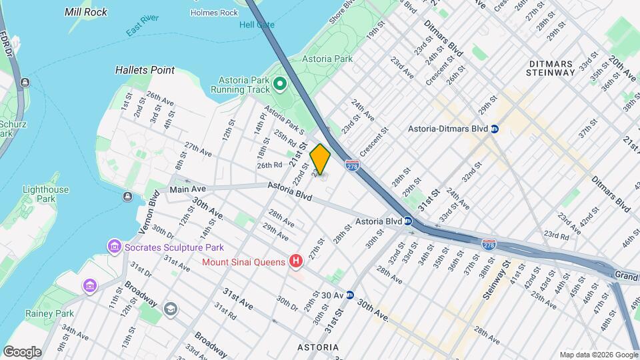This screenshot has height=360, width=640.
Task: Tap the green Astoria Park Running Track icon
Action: pyautogui.click(x=280, y=85)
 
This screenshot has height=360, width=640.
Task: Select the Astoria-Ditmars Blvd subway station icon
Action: pyautogui.click(x=495, y=129)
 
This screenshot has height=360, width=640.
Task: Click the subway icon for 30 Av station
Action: pyautogui.click(x=349, y=295)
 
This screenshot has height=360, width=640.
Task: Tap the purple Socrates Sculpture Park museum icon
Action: pyautogui.click(x=115, y=247)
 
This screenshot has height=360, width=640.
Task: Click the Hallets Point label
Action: pyautogui.click(x=145, y=70)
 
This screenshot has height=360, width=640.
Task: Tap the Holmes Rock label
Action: pyautogui.click(x=214, y=13)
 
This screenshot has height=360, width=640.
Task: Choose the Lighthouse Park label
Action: pyautogui.click(x=45, y=194)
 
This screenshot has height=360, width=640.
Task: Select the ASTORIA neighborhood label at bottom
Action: pyautogui.click(x=317, y=347)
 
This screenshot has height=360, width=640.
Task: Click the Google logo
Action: pyautogui.click(x=22, y=351)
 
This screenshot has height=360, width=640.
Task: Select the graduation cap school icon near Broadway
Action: pyautogui.click(x=171, y=308)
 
